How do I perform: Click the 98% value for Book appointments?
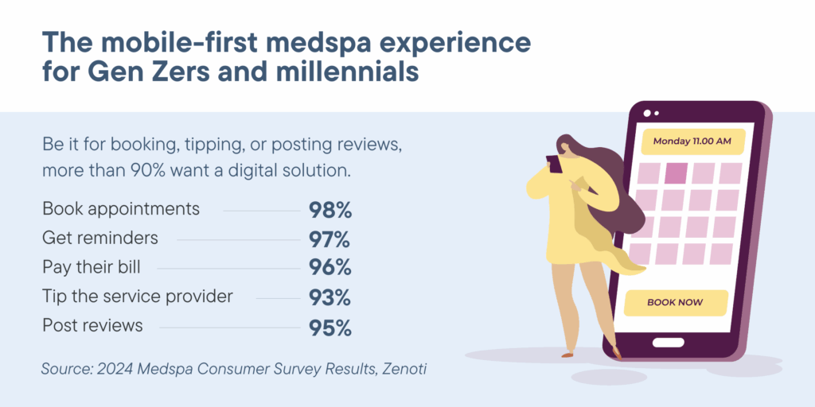click(330, 211)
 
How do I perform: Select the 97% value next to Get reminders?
click(330, 239)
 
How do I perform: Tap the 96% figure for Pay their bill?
click(330, 269)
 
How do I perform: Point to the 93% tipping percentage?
click(330, 298)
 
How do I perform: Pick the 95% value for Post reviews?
click(330, 327)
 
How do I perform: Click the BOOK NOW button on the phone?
click(675, 303)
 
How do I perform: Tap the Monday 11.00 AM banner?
click(692, 141)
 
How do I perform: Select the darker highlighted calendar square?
click(677, 172)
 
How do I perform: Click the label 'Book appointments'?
click(121, 209)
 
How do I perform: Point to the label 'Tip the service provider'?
click(138, 297)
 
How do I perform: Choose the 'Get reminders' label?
click(100, 238)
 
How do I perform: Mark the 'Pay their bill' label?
click(92, 268)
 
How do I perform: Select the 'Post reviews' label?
click(92, 326)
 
